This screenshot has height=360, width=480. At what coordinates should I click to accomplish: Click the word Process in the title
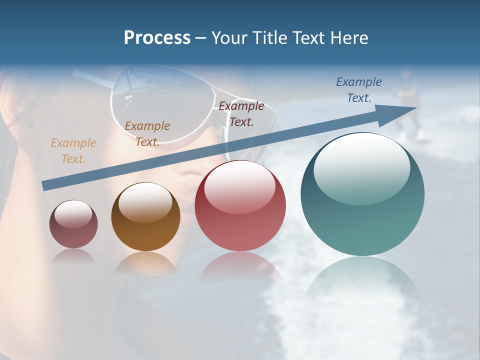157,38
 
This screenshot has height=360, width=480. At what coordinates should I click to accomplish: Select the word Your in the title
228,38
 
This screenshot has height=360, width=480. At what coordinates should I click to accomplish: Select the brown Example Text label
147,134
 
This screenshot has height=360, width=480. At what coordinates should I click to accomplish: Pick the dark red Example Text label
241,113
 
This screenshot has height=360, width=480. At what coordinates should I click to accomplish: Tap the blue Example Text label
358,90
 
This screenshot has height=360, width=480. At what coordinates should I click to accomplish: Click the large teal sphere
362,210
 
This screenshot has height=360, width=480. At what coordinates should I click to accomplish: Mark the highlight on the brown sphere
145,202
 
